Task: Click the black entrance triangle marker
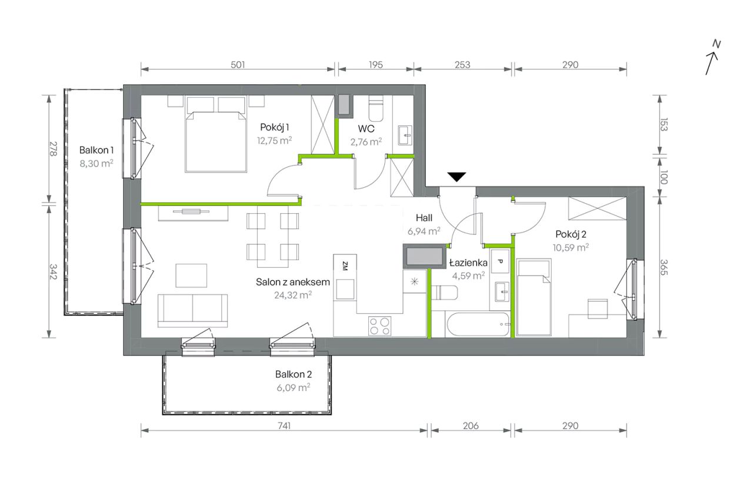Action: click(x=457, y=177)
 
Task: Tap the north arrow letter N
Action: click(x=717, y=44)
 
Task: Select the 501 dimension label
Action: click(x=238, y=65)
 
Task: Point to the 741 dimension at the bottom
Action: click(x=284, y=426)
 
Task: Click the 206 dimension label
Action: click(x=471, y=426)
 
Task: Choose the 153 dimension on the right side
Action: click(x=664, y=124)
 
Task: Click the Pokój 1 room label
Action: click(x=275, y=127)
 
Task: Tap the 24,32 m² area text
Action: click(x=293, y=295)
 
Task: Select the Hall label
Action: click(x=424, y=218)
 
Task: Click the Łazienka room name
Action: click(x=468, y=263)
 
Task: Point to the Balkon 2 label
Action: click(x=294, y=374)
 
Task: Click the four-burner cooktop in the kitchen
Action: click(x=380, y=326)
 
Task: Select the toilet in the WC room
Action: click(x=376, y=108)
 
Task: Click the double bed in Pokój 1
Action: click(x=216, y=134)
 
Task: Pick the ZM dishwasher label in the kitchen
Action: click(x=345, y=266)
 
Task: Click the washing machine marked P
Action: click(x=500, y=261)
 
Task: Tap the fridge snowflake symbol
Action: click(x=415, y=281)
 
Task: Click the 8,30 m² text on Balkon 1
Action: click(x=96, y=164)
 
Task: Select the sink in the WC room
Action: click(x=405, y=135)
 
